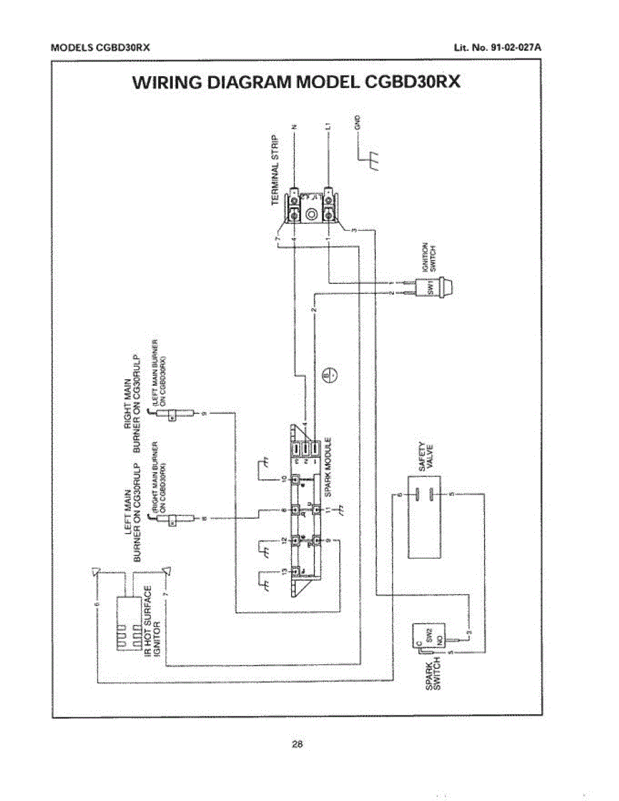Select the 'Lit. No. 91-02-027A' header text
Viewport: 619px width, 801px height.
tap(497, 48)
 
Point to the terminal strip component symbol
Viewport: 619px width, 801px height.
tap(312, 206)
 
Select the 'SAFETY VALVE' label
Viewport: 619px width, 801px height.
tap(426, 457)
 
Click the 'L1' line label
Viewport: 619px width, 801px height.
tap(327, 125)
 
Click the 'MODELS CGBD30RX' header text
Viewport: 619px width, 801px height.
tap(99, 48)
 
